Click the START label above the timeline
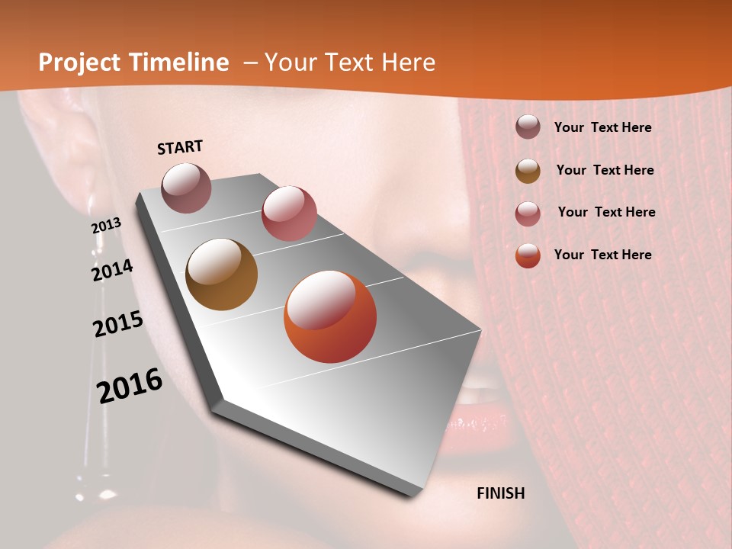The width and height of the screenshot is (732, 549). click(180, 147)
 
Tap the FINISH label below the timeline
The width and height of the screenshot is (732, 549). click(501, 493)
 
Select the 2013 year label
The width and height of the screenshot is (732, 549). click(106, 226)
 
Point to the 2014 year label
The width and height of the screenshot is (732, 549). click(112, 271)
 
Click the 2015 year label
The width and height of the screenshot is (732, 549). click(117, 324)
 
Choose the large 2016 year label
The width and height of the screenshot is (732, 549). click(130, 385)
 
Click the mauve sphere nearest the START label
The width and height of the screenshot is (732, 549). click(186, 188)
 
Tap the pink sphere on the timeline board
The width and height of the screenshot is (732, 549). click(289, 213)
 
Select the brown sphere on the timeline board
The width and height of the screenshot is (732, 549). click(222, 274)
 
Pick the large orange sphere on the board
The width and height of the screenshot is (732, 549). click(330, 316)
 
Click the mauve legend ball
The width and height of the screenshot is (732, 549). click(528, 127)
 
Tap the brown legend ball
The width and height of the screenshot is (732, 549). click(528, 171)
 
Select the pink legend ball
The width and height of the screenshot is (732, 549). click(528, 213)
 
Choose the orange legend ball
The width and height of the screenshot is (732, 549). click(528, 255)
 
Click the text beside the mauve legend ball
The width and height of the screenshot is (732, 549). click(602, 128)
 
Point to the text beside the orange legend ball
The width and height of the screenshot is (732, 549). click(602, 255)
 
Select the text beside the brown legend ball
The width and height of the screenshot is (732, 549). click(605, 170)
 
